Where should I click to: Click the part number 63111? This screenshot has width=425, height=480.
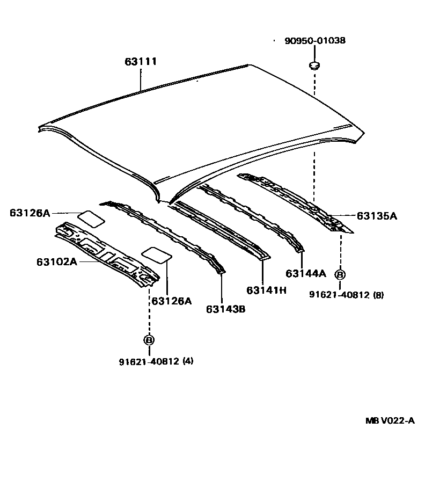pos(141,62)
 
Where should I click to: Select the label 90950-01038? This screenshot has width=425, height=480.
pos(314,40)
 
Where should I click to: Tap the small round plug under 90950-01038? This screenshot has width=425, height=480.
pos(314,66)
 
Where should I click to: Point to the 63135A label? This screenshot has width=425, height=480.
pos(376,216)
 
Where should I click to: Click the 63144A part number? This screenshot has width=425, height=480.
pos(305,273)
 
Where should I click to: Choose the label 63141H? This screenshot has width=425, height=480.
pos(267,290)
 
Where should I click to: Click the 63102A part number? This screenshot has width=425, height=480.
pos(57,262)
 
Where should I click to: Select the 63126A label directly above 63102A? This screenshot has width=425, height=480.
pos(30,213)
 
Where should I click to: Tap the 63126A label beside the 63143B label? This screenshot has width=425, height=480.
pos(171,301)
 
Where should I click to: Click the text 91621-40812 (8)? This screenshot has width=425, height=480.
pos(346,294)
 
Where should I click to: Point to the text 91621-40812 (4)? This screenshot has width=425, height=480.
pos(156,361)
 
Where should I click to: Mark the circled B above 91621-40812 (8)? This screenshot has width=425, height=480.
pos(340,275)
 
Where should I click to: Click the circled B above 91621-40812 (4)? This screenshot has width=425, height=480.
pos(149,340)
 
